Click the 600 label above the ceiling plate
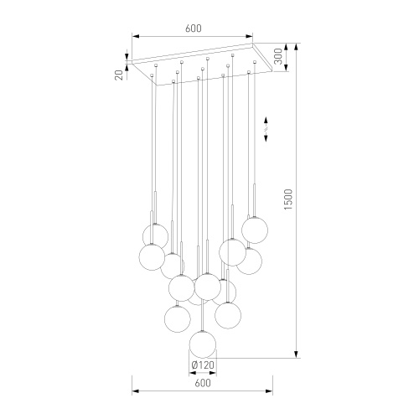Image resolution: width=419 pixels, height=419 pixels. (x=194, y=28)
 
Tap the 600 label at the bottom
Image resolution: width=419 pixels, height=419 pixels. (x=203, y=383)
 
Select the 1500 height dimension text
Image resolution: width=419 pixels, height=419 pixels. (x=288, y=199)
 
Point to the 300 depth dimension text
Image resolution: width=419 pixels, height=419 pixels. (x=278, y=56)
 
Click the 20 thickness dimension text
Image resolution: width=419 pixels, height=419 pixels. (x=119, y=75)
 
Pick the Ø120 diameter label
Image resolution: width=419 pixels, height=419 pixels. (x=203, y=365)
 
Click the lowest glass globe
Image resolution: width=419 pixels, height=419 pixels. (x=203, y=344)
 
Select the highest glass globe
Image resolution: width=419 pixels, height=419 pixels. (x=255, y=230)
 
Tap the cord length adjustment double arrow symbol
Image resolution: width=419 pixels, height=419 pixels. (x=266, y=129)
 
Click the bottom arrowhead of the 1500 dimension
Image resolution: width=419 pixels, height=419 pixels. (x=297, y=354)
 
